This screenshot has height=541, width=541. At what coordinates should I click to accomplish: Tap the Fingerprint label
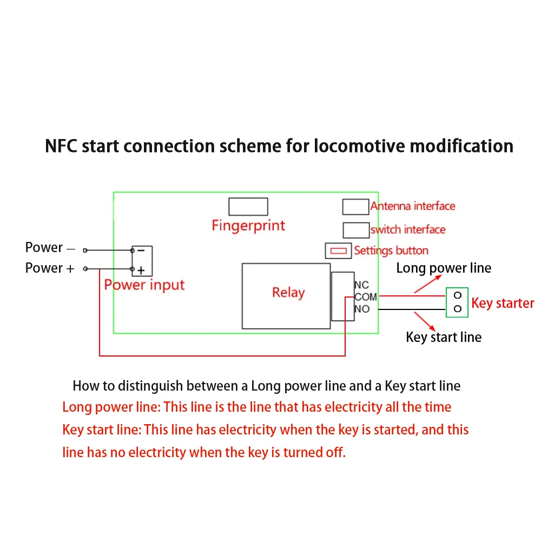[x=248, y=225]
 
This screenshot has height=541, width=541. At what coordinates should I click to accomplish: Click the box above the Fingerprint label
[x=248, y=207]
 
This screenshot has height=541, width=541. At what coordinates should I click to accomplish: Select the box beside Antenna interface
[x=355, y=207]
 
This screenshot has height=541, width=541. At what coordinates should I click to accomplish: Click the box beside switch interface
[x=355, y=230]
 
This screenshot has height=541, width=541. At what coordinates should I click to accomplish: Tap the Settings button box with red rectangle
[x=338, y=251]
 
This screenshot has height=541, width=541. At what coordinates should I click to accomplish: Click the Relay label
[x=288, y=293]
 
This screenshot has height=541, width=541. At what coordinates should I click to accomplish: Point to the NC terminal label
[x=361, y=285]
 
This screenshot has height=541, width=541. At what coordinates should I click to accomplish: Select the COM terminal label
[x=366, y=297]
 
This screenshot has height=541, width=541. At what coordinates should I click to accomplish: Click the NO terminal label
[x=362, y=309]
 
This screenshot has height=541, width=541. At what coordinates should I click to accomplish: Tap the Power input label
[x=144, y=285]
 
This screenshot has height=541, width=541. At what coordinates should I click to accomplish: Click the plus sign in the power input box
[x=141, y=269]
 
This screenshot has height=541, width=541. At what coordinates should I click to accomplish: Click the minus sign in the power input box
[x=141, y=250]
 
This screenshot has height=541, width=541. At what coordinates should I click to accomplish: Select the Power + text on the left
[x=50, y=268]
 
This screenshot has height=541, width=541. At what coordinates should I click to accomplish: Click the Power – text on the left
[x=50, y=248]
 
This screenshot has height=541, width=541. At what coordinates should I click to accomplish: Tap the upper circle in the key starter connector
[x=458, y=295]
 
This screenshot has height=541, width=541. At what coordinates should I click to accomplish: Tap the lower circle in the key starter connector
[x=458, y=309]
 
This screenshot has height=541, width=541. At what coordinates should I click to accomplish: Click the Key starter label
[x=503, y=303]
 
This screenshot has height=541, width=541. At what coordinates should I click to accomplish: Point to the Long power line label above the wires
[x=444, y=268]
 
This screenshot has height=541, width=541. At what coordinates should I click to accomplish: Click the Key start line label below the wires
[x=444, y=338]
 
